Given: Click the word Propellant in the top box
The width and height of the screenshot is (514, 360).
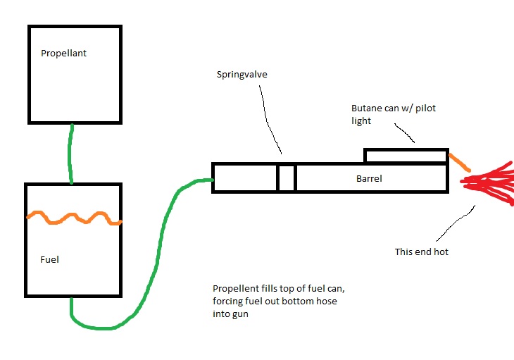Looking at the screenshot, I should click(x=63, y=53).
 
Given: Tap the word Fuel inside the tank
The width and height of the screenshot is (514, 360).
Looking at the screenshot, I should click(x=49, y=259).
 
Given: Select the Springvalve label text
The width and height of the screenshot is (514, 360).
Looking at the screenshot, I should click(x=242, y=73).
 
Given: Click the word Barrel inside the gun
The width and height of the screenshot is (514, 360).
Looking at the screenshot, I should click(x=369, y=179).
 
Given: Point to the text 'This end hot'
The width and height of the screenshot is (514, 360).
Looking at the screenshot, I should click(x=422, y=252).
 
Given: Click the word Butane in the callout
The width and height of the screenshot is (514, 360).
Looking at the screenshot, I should click(x=366, y=109).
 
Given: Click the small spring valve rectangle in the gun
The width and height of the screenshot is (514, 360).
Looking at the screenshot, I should click(x=286, y=178).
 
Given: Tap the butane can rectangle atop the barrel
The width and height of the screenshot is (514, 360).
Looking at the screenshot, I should click(x=406, y=156).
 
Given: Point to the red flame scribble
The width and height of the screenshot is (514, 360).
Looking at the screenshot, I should click(x=489, y=182).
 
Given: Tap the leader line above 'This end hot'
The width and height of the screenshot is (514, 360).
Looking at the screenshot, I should click(x=455, y=223).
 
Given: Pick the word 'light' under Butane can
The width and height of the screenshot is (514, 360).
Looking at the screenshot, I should click(x=362, y=120).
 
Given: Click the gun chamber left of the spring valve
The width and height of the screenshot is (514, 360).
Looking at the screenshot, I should click(x=244, y=178).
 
